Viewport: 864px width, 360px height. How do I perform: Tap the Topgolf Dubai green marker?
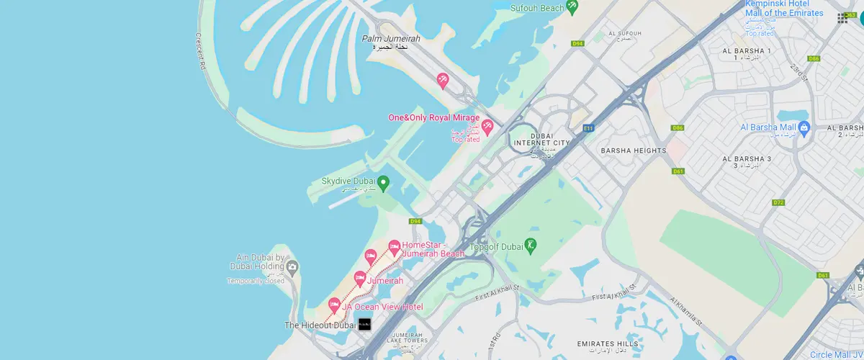click(531, 245)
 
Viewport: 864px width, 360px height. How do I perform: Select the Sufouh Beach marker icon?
click(572, 7)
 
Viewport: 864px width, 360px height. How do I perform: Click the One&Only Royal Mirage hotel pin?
click(487, 127)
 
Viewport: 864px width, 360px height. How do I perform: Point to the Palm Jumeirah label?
click(391, 39)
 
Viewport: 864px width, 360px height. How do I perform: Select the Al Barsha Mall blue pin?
click(806, 128)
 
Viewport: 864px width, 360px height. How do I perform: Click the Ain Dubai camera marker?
click(292, 268)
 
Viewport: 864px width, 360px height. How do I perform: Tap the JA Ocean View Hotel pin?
click(334, 305)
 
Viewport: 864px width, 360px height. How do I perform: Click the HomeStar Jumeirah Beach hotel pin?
click(394, 248)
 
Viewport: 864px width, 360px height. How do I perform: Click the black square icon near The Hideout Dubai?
click(364, 325)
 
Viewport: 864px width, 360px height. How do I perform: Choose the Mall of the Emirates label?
click(784, 13)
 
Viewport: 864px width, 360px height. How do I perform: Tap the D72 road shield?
click(778, 202)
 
